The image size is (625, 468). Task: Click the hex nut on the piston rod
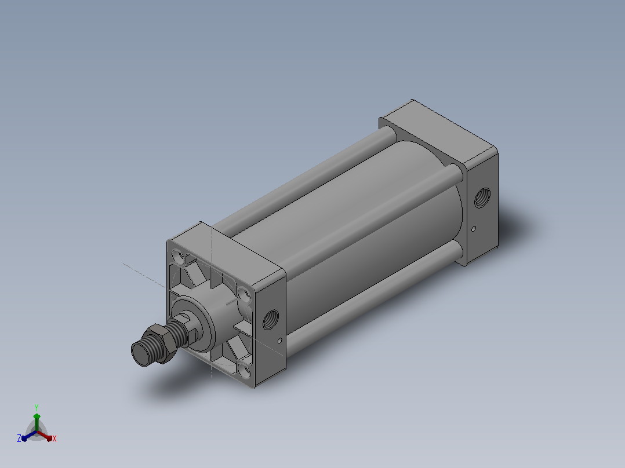(x=159, y=343)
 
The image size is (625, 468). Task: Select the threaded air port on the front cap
(x=271, y=319)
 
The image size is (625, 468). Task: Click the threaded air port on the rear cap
(x=482, y=197)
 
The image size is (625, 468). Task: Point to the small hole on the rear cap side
(x=474, y=229)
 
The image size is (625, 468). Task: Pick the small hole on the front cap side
(x=280, y=341)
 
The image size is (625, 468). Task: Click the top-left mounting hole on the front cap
(x=178, y=257)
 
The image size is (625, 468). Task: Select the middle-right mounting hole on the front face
(x=244, y=295)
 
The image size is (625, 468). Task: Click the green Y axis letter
(x=37, y=407)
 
